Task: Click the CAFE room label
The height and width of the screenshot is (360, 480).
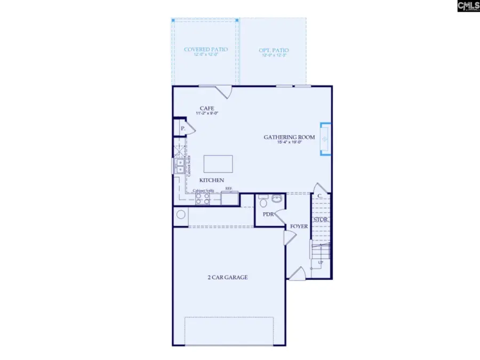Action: pyautogui.click(x=207, y=108)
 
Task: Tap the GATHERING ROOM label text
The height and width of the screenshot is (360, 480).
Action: pyautogui.click(x=289, y=137)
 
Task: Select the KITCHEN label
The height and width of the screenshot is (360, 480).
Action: pyautogui.click(x=212, y=180)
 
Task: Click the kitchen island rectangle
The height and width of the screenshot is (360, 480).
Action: pyautogui.click(x=218, y=164)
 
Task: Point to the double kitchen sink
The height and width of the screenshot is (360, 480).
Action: pyautogui.click(x=180, y=166)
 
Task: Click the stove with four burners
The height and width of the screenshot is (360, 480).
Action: pyautogui.click(x=203, y=199)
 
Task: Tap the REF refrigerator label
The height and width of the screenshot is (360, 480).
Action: pyautogui.click(x=229, y=189)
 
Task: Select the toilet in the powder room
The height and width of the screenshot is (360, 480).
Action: pyautogui.click(x=262, y=201)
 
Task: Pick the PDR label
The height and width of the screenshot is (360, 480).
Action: pyautogui.click(x=268, y=214)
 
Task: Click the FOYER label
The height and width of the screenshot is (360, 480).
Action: pyautogui.click(x=299, y=227)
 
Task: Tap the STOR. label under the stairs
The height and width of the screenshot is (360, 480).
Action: pyautogui.click(x=320, y=220)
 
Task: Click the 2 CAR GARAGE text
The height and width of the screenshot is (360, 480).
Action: pyautogui.click(x=227, y=277)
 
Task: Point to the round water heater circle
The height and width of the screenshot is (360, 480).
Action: pyautogui.click(x=181, y=215)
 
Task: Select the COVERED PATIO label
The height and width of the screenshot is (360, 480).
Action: pyautogui.click(x=206, y=50)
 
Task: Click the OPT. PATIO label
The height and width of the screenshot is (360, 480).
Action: pyautogui.click(x=273, y=50)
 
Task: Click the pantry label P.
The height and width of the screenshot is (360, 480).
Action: pyautogui.click(x=182, y=129)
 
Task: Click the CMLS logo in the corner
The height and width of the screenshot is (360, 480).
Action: pyautogui.click(x=467, y=6)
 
